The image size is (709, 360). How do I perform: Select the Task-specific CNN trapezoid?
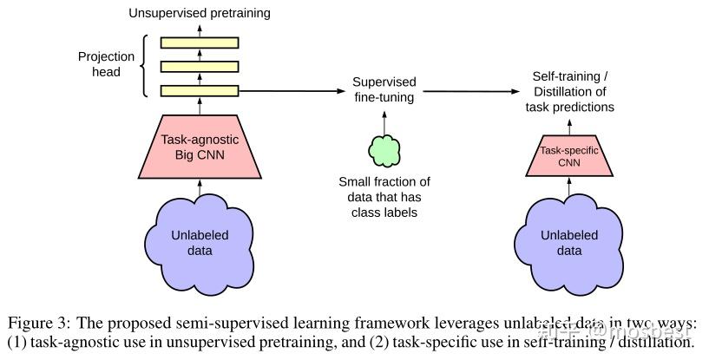[x=568, y=155]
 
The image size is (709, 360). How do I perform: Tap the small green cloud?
[x=384, y=151]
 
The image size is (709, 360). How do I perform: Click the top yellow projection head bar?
[x=200, y=42]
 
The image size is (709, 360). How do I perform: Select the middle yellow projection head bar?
[x=200, y=66]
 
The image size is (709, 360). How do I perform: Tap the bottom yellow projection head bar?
[x=200, y=89]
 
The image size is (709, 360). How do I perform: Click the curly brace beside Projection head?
[x=148, y=65]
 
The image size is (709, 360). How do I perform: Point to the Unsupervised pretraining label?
[x=200, y=13]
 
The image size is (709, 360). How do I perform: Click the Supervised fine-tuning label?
[x=384, y=89]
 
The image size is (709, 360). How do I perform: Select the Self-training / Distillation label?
[x=569, y=92]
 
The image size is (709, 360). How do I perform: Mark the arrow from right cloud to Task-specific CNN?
[x=568, y=185]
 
